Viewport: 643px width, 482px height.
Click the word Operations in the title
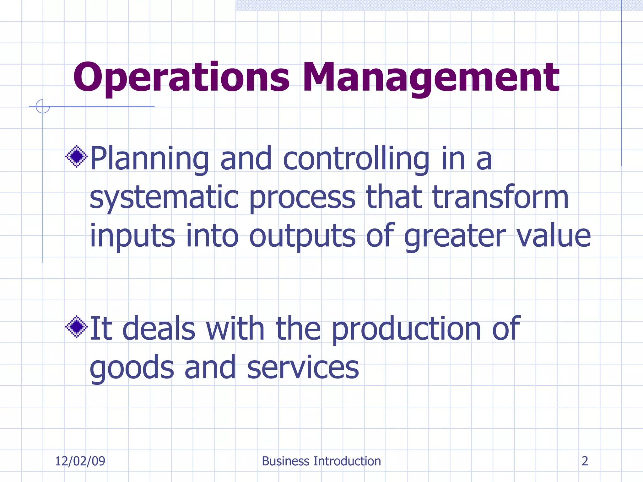[181, 78]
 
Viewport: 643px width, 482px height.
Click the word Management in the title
[431, 78]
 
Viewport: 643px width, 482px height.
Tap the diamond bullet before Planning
[77, 156]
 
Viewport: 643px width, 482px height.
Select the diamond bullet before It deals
[77, 327]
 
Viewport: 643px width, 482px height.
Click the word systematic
[164, 198]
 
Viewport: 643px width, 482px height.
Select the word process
[302, 198]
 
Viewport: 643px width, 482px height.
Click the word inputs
[132, 236]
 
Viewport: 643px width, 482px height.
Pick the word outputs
[302, 236]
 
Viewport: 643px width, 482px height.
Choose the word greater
[455, 236]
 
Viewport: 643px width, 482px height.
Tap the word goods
[132, 368]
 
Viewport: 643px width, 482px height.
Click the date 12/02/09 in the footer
[80, 461]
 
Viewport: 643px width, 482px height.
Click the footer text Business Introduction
[321, 461]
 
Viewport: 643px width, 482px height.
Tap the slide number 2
[585, 461]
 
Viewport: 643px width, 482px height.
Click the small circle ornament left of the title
[43, 106]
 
